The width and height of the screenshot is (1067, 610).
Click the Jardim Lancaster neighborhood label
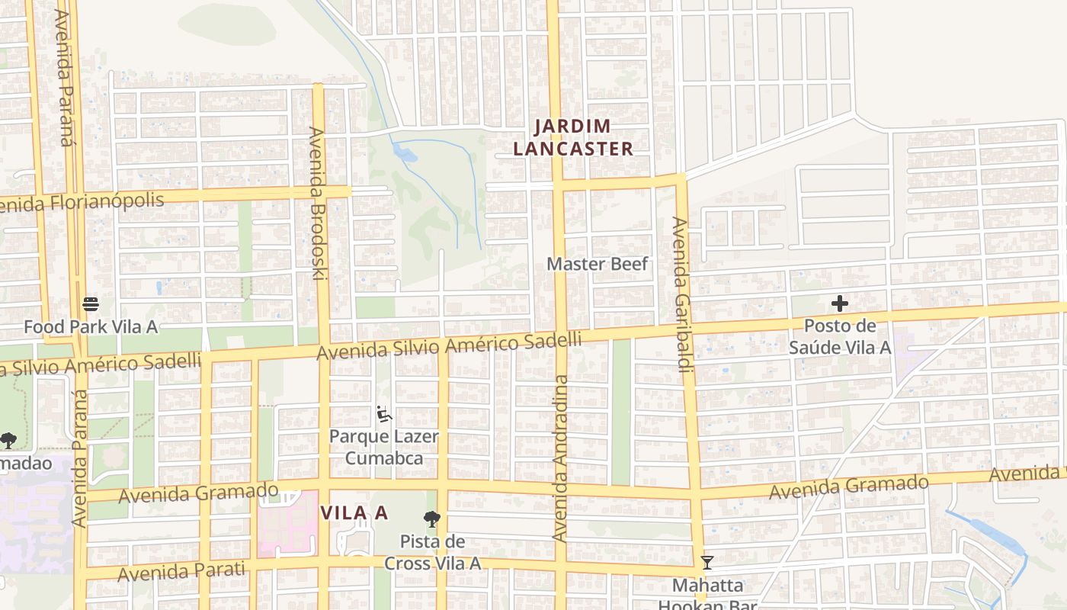573,138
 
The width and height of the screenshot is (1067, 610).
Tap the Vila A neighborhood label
354,513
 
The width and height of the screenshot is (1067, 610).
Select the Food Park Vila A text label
91,327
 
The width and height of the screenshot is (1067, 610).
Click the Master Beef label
598,264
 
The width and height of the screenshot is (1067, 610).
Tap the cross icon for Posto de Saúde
839,303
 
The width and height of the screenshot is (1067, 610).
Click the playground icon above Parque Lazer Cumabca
384,415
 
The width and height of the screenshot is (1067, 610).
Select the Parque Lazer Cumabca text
384,447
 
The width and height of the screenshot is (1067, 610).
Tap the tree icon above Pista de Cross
432,520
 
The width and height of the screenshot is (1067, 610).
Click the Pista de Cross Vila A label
432,553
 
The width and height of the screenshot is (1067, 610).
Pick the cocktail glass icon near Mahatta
707,563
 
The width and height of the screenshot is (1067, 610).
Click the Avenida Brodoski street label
317,203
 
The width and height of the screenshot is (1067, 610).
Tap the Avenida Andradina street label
561,457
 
